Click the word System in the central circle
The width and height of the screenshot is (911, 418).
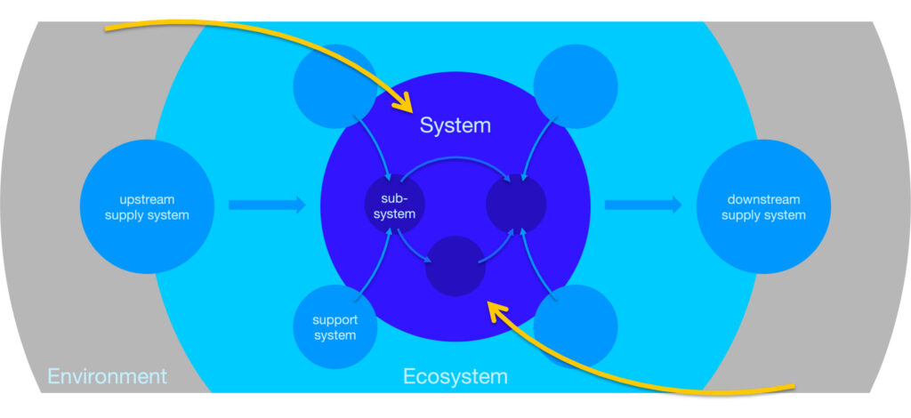click(x=455, y=125)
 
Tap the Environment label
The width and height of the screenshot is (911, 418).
click(x=107, y=376)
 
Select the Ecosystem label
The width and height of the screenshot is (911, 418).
click(x=455, y=377)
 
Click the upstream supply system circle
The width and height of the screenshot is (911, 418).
click(x=147, y=206)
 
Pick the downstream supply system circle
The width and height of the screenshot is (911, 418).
click(x=763, y=206)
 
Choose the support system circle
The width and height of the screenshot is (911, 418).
click(x=335, y=327)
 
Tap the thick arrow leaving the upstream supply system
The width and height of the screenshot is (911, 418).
click(x=267, y=205)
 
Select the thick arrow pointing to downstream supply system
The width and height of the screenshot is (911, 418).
click(x=643, y=205)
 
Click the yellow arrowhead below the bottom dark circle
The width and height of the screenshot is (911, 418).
click(x=497, y=312)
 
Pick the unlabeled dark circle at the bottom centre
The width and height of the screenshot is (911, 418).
click(x=455, y=266)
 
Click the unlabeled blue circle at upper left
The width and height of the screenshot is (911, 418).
click(x=335, y=86)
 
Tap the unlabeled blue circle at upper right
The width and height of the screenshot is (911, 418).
click(x=576, y=86)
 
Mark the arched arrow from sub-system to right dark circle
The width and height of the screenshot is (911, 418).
click(x=455, y=157)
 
